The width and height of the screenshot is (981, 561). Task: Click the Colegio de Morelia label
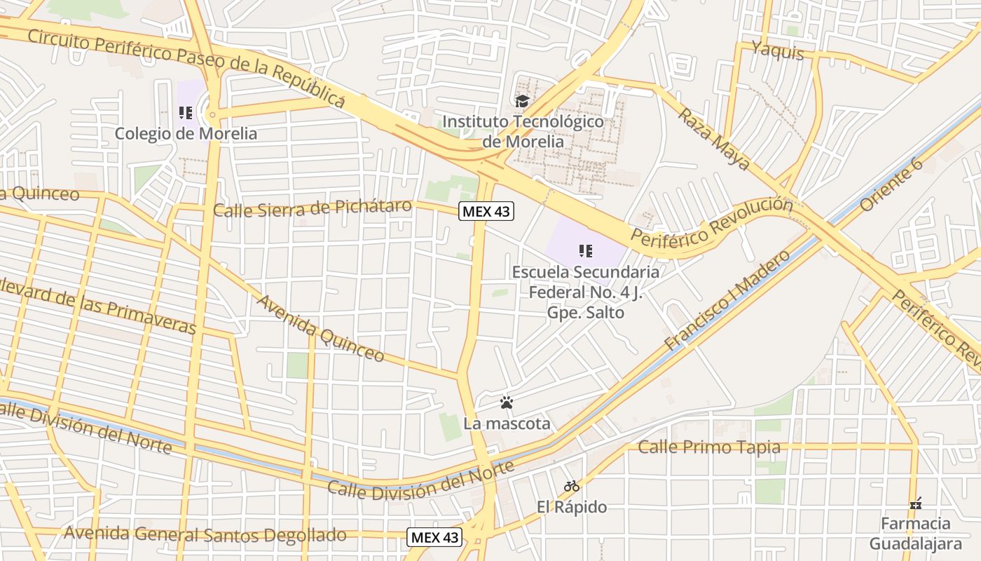point(186,133)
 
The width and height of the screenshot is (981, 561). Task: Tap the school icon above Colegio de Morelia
point(186,112)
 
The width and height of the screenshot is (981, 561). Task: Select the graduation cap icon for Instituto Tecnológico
point(522,102)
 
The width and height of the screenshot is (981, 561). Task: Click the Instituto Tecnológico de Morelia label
point(523,131)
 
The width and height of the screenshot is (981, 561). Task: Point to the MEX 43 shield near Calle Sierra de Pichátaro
point(486,210)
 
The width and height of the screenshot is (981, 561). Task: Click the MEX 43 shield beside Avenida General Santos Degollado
point(434,537)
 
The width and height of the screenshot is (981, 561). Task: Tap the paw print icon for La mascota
point(507,403)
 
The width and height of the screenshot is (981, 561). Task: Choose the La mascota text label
point(507,424)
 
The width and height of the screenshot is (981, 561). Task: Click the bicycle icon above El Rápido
point(572,485)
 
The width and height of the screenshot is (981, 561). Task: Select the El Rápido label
point(572,506)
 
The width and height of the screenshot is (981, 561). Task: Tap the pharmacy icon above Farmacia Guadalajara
point(915,503)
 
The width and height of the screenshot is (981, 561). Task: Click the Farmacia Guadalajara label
point(915,534)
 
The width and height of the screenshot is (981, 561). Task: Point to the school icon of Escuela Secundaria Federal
point(586,250)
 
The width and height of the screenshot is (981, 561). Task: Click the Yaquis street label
point(777,50)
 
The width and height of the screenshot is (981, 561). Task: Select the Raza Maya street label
point(713,139)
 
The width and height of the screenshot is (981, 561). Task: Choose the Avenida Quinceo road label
point(320,328)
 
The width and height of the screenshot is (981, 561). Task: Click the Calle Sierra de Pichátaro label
point(312,208)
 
